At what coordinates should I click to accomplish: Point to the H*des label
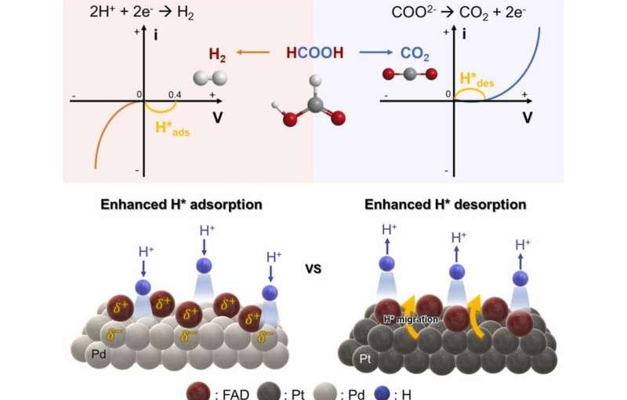coord(478,81)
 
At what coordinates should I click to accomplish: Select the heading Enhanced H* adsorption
coord(181,205)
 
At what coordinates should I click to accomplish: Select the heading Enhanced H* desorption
coord(446,205)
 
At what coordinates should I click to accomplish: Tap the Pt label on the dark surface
coord(365,358)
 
